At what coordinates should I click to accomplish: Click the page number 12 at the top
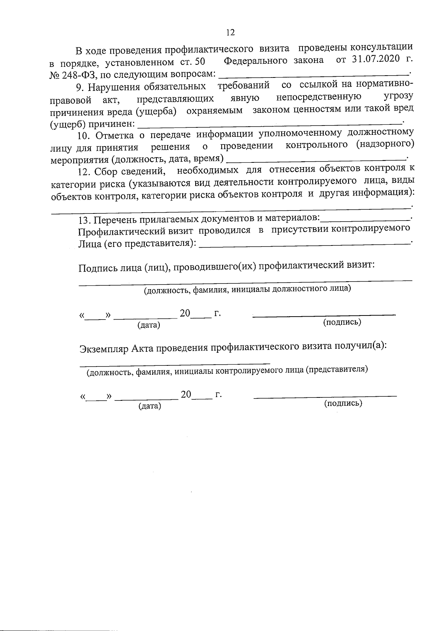230,33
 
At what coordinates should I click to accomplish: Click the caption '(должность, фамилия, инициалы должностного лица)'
247,290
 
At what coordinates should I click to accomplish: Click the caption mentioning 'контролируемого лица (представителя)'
227,371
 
